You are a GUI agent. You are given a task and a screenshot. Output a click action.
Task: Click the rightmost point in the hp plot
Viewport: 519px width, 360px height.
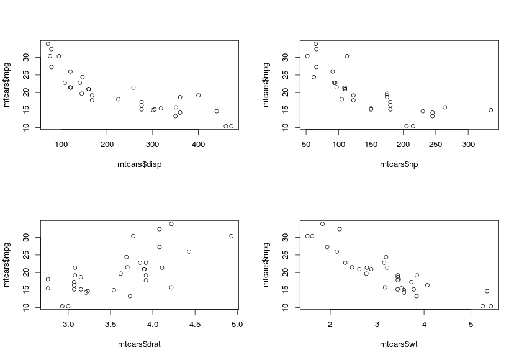click(x=490, y=110)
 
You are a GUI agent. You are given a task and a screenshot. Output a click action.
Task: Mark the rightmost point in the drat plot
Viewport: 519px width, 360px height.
click(x=231, y=236)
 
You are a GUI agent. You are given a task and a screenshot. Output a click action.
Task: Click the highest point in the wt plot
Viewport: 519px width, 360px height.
click(x=322, y=224)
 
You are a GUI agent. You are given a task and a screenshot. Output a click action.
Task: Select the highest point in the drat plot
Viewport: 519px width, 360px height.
click(x=171, y=224)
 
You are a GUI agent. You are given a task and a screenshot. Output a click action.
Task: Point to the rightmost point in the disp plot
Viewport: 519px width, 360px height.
click(x=231, y=126)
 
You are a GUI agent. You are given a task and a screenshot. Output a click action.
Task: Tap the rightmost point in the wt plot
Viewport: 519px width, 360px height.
click(x=490, y=306)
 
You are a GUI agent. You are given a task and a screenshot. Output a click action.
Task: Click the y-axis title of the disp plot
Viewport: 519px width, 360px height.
click(x=7, y=84)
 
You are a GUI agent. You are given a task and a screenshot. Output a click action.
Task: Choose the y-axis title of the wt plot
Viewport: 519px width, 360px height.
click(x=267, y=264)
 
